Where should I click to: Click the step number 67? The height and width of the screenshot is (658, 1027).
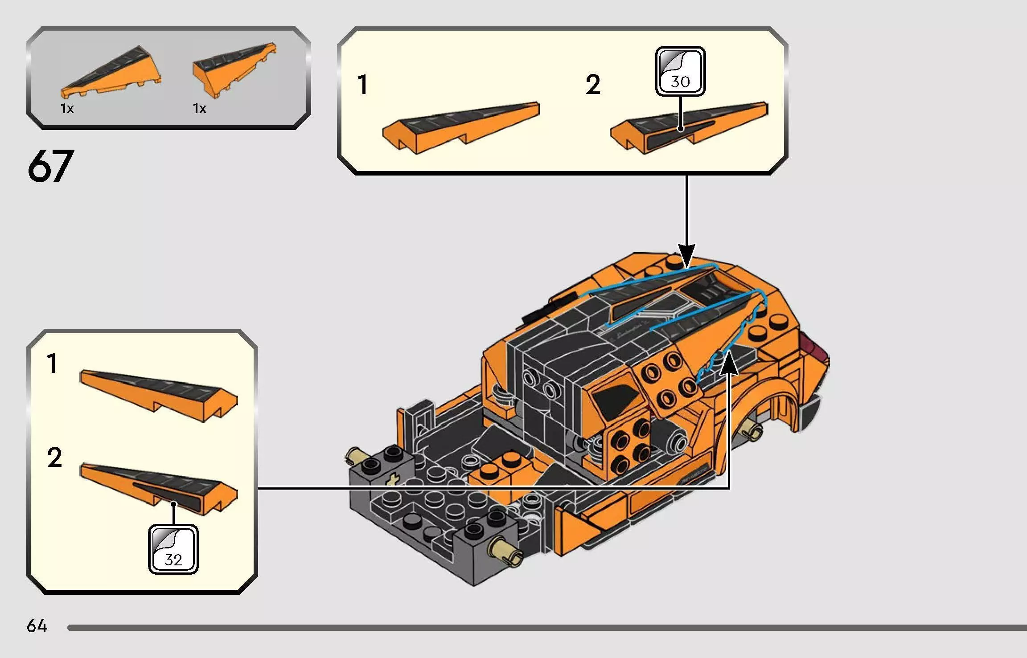pyautogui.click(x=50, y=166)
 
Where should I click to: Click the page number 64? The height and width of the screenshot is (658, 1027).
pyautogui.click(x=37, y=626)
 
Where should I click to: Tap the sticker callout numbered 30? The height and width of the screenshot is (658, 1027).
pyautogui.click(x=680, y=72)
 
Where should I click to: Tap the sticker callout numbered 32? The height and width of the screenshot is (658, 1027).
pyautogui.click(x=173, y=549)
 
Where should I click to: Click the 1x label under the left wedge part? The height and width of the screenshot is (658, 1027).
pyautogui.click(x=67, y=108)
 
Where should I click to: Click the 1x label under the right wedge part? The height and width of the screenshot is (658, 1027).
pyautogui.click(x=199, y=108)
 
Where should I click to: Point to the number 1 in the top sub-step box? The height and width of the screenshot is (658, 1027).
pyautogui.click(x=363, y=85)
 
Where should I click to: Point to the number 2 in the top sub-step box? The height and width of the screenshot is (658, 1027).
pyautogui.click(x=593, y=85)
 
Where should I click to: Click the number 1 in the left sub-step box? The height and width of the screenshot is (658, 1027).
pyautogui.click(x=52, y=364)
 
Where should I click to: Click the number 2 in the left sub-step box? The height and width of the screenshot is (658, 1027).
pyautogui.click(x=54, y=458)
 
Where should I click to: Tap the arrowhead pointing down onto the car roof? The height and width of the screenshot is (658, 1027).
pyautogui.click(x=686, y=256)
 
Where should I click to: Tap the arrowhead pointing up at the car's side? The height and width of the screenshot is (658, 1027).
pyautogui.click(x=729, y=361)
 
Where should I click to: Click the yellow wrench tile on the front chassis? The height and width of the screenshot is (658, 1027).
pyautogui.click(x=392, y=480)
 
